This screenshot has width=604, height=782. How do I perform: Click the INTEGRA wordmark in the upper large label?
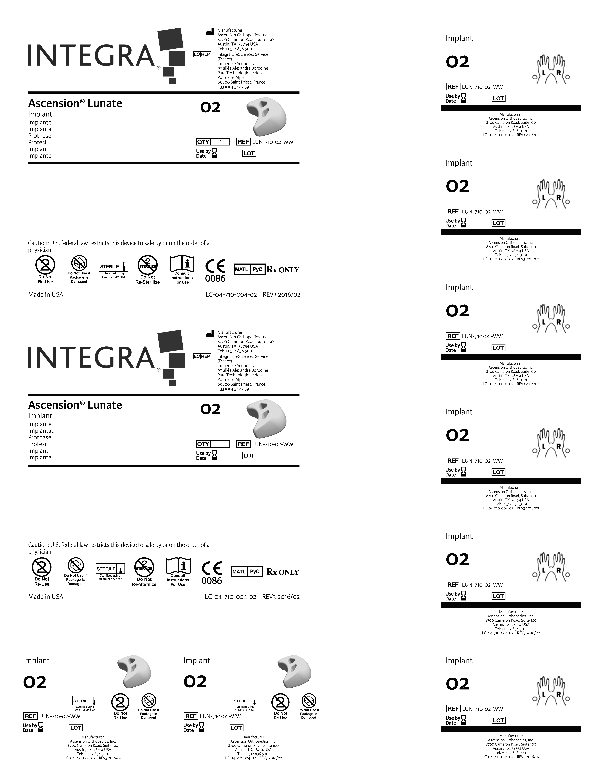tap(91, 56)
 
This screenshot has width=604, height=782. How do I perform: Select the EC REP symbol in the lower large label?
tap(202, 356)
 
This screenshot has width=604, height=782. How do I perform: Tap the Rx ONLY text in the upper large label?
tap(283, 270)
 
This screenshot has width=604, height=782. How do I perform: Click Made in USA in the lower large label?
tap(45, 597)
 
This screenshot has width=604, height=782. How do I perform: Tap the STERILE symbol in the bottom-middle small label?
tap(245, 701)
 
